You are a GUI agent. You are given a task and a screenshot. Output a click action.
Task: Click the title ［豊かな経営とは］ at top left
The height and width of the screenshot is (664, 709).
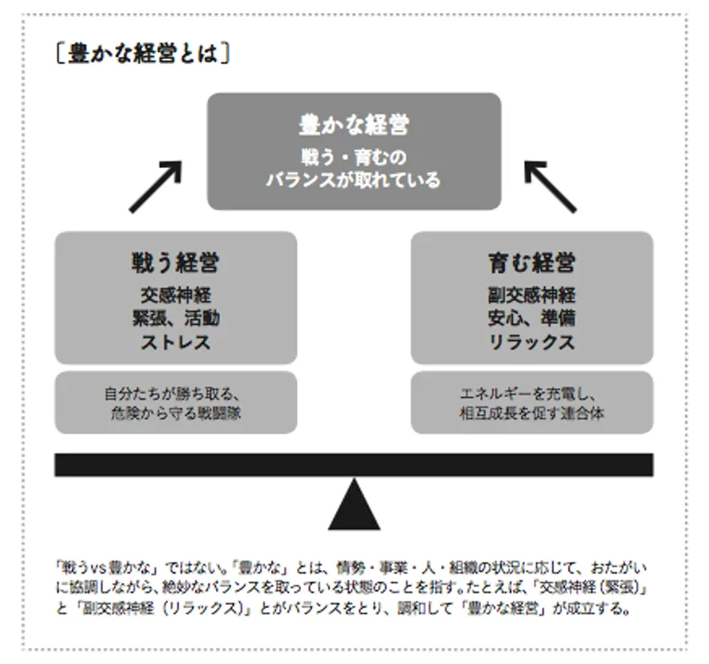(x=143, y=54)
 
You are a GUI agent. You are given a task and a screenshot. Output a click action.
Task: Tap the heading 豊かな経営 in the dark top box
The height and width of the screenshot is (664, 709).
(x=354, y=125)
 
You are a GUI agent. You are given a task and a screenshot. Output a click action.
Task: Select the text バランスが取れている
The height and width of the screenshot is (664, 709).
(x=353, y=180)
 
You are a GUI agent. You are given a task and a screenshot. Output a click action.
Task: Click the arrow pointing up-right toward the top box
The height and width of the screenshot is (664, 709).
(x=155, y=187)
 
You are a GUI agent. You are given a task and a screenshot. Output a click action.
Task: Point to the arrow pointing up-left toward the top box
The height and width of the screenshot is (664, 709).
(x=550, y=187)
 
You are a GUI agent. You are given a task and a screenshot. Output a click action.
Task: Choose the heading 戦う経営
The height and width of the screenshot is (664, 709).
(x=176, y=263)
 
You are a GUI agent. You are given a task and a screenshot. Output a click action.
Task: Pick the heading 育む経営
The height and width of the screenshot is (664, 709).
(x=532, y=263)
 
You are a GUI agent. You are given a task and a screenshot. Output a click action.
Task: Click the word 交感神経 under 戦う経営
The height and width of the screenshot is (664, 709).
(x=176, y=295)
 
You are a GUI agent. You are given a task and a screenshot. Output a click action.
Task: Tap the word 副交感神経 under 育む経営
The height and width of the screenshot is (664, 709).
(x=532, y=295)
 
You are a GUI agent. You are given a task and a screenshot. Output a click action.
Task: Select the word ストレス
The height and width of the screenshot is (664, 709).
(x=176, y=342)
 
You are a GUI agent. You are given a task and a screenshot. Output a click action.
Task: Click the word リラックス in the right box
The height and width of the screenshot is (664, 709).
(x=532, y=342)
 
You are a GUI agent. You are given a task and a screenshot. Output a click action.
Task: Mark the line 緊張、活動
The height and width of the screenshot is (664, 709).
(x=176, y=318)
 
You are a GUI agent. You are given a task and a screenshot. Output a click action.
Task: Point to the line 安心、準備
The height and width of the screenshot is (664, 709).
(x=532, y=318)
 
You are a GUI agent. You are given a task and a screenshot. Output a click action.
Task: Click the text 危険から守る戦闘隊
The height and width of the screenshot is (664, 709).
(x=176, y=413)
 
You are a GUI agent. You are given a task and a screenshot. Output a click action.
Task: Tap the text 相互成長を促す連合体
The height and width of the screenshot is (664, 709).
(x=532, y=413)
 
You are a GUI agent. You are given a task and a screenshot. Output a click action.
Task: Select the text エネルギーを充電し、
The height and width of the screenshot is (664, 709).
(x=529, y=394)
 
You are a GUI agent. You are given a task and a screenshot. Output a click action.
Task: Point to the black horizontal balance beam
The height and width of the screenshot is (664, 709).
(x=354, y=465)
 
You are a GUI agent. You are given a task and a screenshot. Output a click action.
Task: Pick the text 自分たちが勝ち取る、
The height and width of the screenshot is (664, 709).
(x=172, y=394)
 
